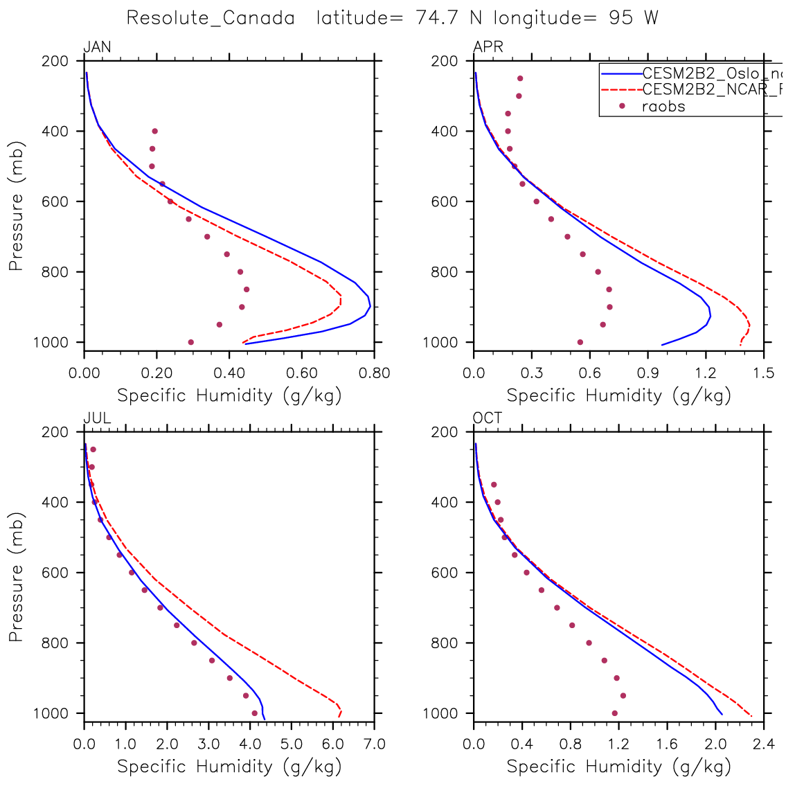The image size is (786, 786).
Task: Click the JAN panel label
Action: pyautogui.click(x=97, y=47)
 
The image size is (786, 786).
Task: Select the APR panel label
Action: pyautogui.click(x=488, y=47)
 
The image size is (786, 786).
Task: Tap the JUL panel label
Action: pyautogui.click(x=96, y=418)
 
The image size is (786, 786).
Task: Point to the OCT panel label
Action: pyautogui.click(x=488, y=418)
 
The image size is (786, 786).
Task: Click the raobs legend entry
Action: pyautogui.click(x=663, y=106)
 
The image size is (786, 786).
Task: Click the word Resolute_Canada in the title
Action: pyautogui.click(x=211, y=18)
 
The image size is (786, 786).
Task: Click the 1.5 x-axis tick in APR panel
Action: pyautogui.click(x=764, y=373)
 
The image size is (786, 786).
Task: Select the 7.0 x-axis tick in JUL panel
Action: pyautogui.click(x=375, y=744)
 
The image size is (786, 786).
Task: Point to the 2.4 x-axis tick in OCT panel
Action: pyautogui.click(x=764, y=744)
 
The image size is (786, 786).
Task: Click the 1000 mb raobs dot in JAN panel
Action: pyautogui.click(x=190, y=342)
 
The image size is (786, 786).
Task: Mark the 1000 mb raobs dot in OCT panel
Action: pyautogui.click(x=614, y=713)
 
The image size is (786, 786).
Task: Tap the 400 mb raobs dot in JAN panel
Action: pyautogui.click(x=154, y=131)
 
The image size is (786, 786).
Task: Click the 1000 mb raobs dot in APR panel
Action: pyautogui.click(x=580, y=342)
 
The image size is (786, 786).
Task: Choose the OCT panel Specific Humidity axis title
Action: pyautogui.click(x=619, y=767)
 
